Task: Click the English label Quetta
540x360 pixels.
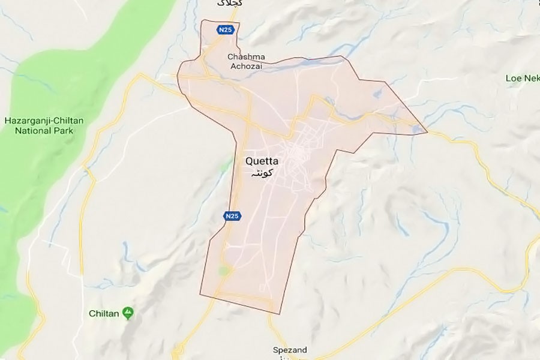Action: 262,161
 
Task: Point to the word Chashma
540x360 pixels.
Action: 243,57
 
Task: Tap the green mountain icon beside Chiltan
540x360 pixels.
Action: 128,313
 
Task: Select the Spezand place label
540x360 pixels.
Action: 290,350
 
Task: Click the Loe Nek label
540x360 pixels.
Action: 520,79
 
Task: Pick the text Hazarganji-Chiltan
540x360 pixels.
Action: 44,121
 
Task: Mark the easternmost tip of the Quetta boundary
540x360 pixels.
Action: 427,132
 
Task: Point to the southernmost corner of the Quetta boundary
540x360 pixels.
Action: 279,313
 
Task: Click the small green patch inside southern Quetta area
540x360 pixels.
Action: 224,271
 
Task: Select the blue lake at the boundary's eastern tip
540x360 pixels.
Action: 416,127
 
